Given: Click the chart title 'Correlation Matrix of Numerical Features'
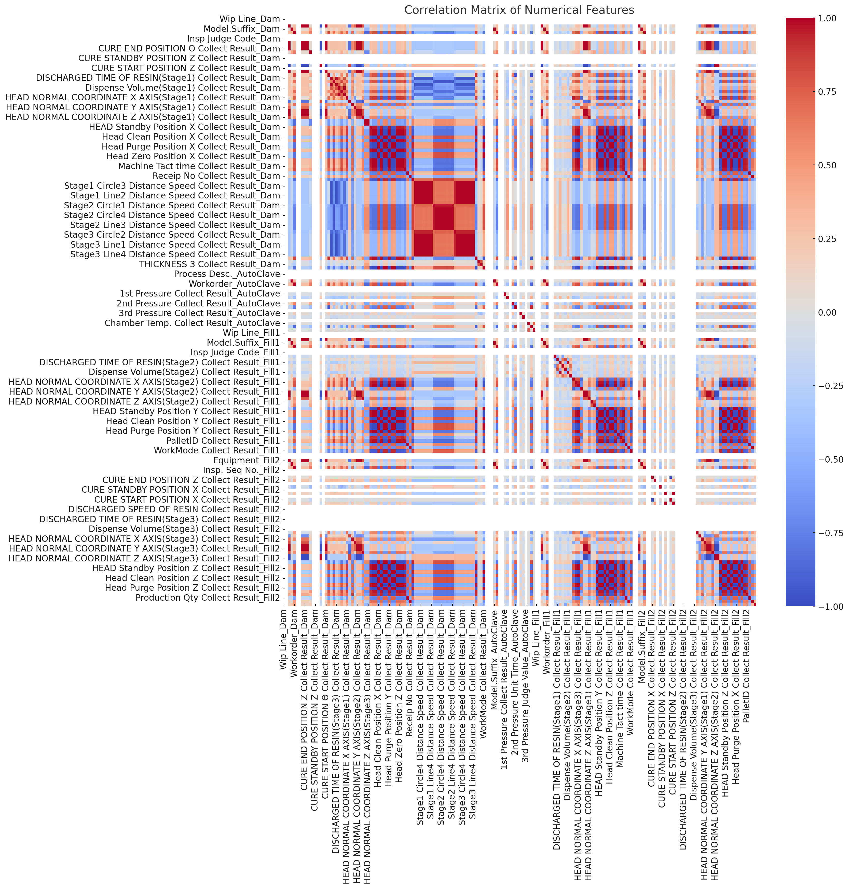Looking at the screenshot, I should tap(519, 10).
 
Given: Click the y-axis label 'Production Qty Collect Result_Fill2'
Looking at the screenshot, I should tap(208, 598).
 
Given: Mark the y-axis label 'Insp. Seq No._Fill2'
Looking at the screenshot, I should tap(241, 470).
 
